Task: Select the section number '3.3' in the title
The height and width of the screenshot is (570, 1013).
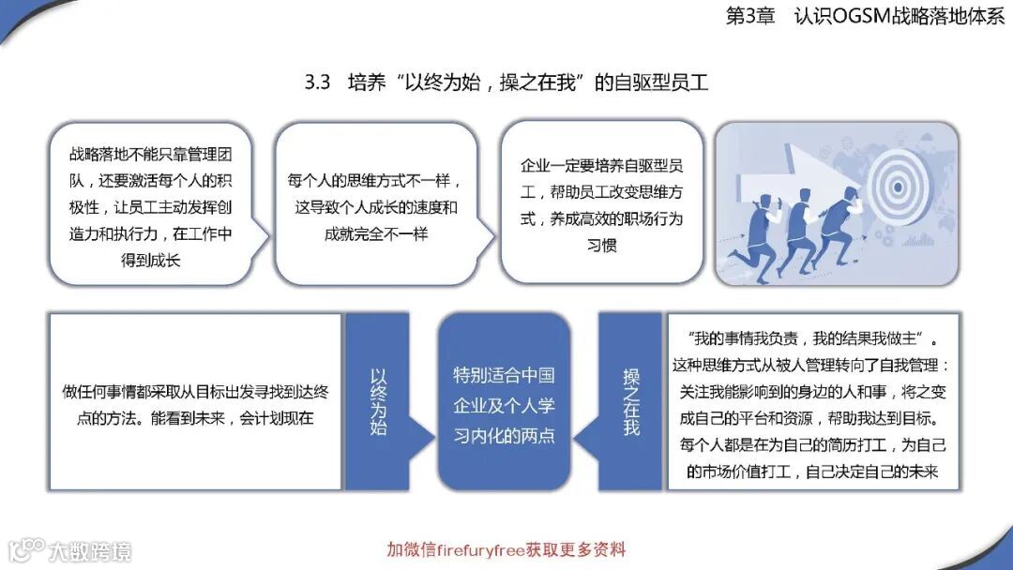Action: [x=318, y=82]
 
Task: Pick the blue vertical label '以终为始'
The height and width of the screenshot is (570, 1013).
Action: [x=377, y=401]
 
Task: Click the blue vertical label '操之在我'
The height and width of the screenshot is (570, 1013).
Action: [x=631, y=401]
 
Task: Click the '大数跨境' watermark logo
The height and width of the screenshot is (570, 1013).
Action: [x=69, y=549]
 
